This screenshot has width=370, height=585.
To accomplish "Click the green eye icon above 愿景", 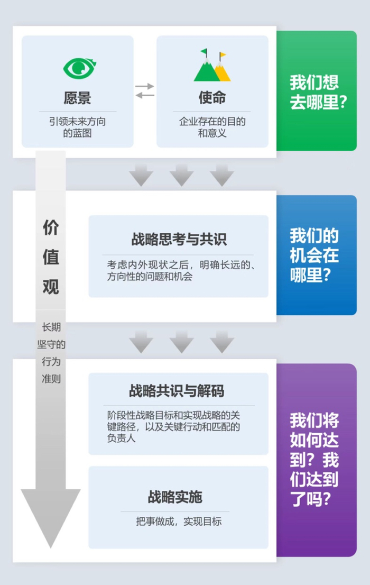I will coord(79,67).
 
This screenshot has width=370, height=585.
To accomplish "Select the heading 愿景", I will coord(77,98).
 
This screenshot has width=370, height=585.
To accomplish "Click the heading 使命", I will coord(212,98).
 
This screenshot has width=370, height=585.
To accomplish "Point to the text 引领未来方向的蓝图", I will coord(77,127).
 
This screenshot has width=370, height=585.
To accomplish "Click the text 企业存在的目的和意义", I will coord(212,127).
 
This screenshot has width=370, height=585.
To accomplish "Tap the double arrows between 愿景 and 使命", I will coord(145,90).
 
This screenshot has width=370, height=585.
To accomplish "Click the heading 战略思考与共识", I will coord(179,239).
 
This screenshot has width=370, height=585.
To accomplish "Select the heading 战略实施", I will coord(175,497).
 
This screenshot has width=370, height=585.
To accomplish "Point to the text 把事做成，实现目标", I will coord(178,522).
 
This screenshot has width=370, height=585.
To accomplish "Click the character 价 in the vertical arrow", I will coord(51,228).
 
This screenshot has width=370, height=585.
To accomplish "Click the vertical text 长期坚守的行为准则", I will coord(51,353).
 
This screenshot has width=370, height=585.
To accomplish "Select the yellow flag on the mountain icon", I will coord(223,54).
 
